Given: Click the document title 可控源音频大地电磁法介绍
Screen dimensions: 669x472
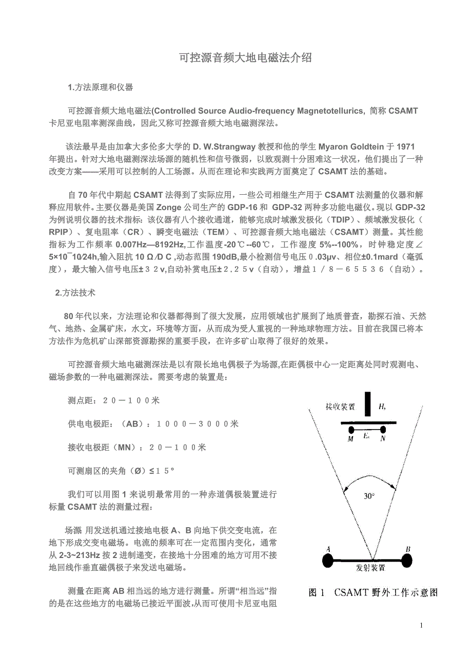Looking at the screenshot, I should pos(245,58).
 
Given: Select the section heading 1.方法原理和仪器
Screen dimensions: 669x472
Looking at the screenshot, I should pos(101,87).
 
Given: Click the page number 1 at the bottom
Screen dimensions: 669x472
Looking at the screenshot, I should pos(422,625).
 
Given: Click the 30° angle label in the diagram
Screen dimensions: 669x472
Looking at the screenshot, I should pos(369,496).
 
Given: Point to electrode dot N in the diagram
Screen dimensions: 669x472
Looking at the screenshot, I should pos(383,430).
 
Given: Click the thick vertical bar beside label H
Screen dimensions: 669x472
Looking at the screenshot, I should pos(368,404).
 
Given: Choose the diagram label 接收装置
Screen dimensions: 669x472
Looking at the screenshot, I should pos(341,407).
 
